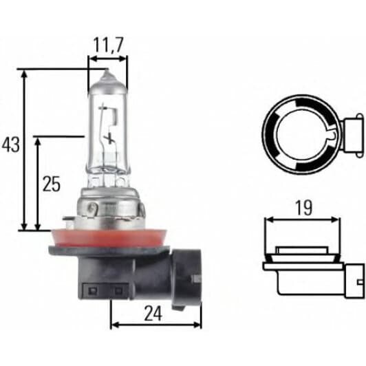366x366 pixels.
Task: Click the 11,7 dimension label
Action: coord(108,45)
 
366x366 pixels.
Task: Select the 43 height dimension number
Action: coord(11,144)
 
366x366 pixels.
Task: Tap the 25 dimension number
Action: coord(52,184)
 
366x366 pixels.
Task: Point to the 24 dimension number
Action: coord(153,314)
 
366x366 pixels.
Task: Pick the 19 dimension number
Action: coord(303,208)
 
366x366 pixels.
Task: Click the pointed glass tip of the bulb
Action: coord(107,70)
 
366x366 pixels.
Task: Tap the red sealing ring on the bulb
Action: coord(109,238)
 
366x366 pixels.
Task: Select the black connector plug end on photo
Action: coord(186,278)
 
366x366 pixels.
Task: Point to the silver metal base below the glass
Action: coord(110,208)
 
